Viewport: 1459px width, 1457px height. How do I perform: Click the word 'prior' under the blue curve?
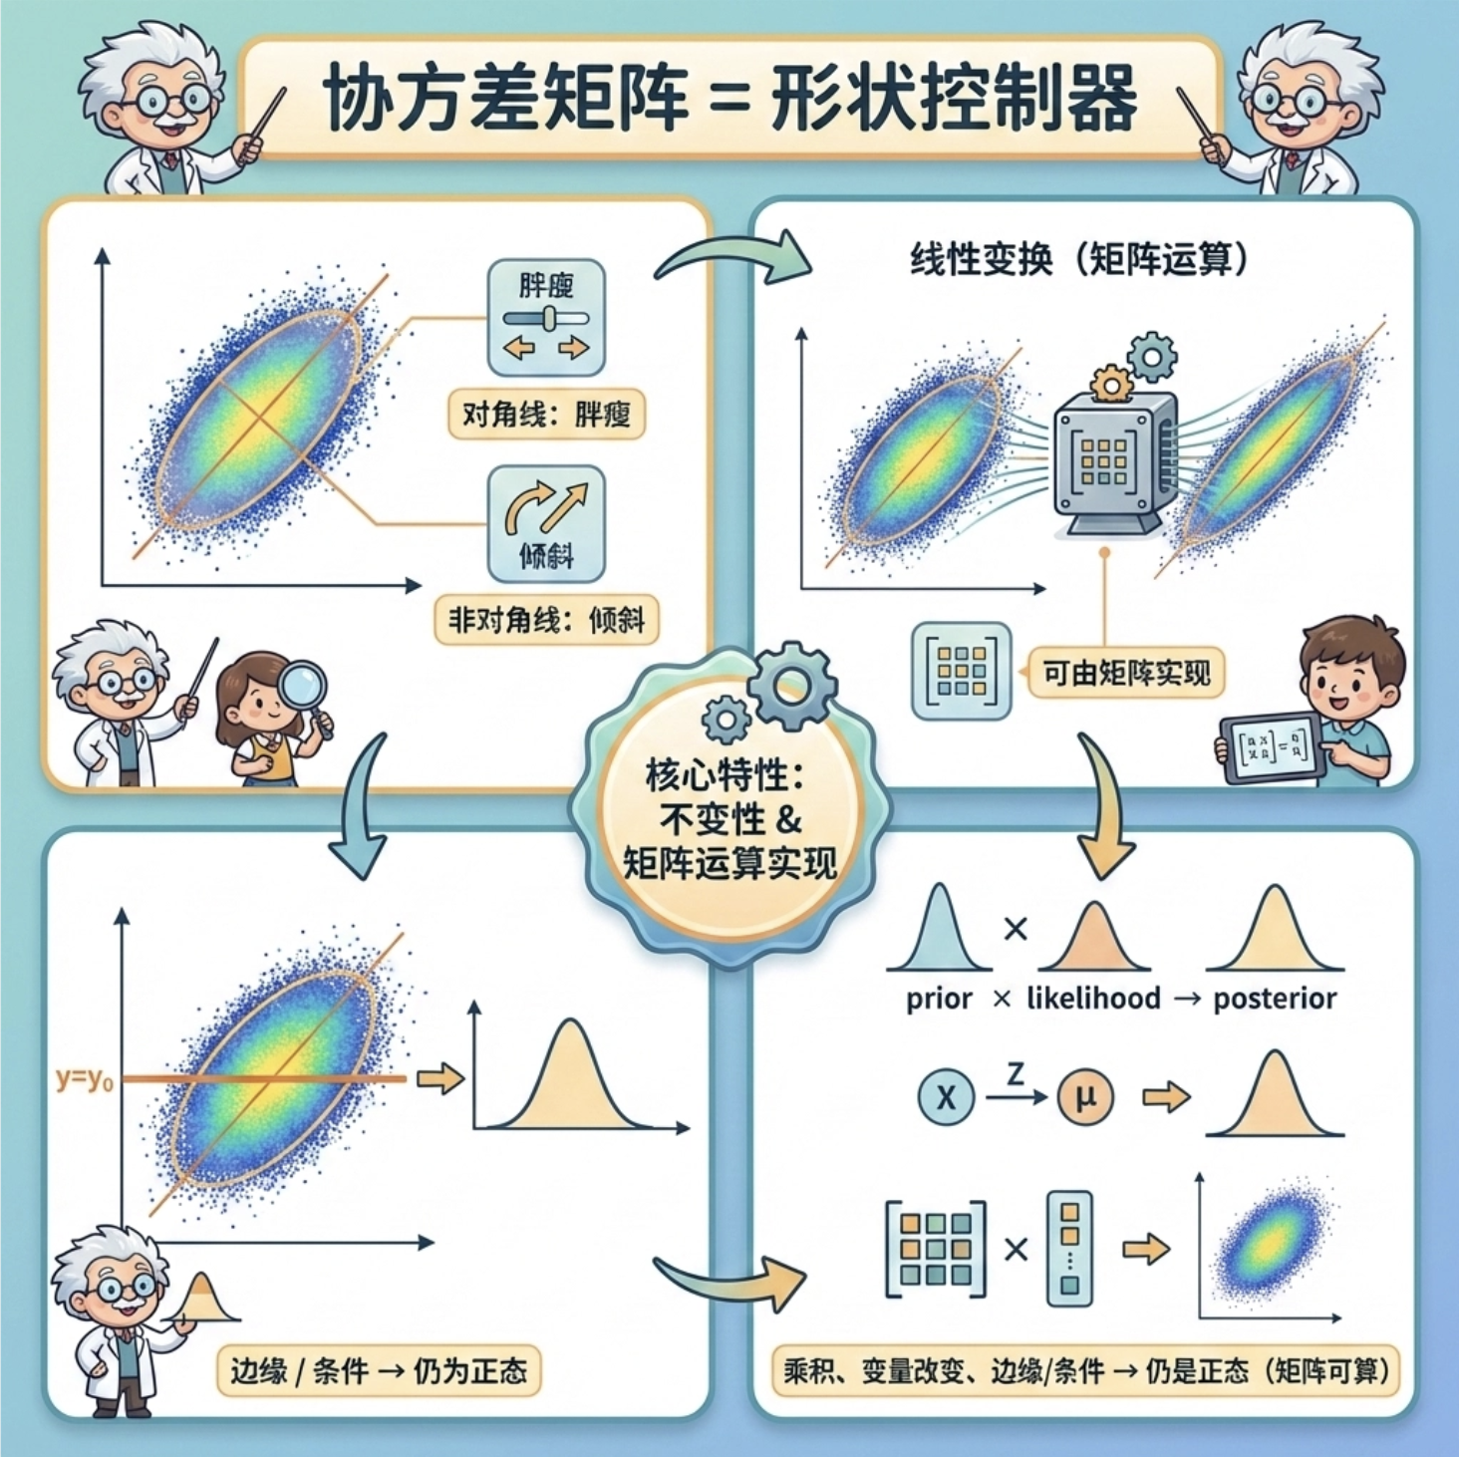939,999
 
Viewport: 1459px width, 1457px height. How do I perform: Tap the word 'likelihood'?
1093,999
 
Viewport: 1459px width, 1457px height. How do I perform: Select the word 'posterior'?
1275,999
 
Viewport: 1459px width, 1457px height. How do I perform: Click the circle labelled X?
945,1097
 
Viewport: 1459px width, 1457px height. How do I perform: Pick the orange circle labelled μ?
1084,1097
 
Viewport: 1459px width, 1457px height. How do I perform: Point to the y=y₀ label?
84,1078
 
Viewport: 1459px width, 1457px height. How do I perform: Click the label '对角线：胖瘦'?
546,414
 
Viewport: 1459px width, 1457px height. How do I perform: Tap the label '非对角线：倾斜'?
546,620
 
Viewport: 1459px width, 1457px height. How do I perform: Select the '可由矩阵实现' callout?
1126,673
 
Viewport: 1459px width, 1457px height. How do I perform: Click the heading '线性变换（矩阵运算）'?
1079,260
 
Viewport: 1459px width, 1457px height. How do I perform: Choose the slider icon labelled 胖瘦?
546,317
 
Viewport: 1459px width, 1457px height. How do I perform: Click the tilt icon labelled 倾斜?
546,523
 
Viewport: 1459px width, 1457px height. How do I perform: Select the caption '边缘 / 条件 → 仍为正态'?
379,1371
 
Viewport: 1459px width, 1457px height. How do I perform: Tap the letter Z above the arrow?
1015,1074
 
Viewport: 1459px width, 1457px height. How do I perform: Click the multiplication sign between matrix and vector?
1016,1249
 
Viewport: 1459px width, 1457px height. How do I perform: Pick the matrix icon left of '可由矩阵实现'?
962,671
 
